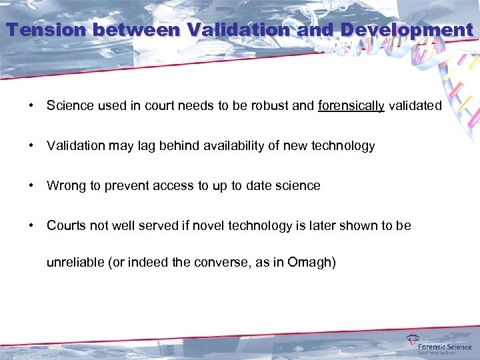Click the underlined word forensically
tap(351, 106)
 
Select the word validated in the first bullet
tap(415, 106)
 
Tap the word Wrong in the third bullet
tap(64, 186)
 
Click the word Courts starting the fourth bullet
tap(66, 226)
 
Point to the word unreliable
tap(75, 262)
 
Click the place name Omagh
tap(309, 262)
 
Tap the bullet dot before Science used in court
tap(31, 106)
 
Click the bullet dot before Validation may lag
tap(31, 146)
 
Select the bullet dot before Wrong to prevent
tap(31, 186)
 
